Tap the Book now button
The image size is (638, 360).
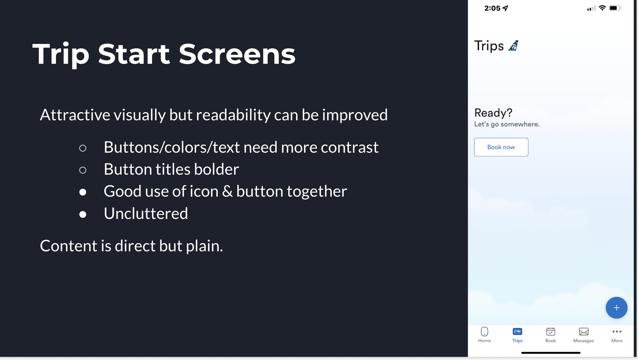click(501, 147)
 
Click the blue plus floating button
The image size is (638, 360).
click(616, 308)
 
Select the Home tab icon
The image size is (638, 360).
click(484, 332)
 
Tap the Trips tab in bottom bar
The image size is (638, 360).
click(517, 335)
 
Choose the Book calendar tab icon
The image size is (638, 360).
click(551, 332)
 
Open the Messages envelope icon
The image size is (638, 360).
click(584, 332)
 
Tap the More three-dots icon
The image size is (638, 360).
click(617, 331)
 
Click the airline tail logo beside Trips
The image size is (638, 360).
click(513, 46)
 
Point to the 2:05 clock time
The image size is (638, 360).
click(492, 8)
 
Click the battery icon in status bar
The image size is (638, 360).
click(615, 8)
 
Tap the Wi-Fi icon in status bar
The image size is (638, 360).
click(602, 8)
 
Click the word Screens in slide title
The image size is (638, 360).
click(237, 54)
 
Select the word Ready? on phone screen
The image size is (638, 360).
click(493, 113)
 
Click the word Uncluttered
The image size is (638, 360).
click(146, 214)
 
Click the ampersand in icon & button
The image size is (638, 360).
click(227, 191)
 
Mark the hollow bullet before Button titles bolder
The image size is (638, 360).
click(83, 170)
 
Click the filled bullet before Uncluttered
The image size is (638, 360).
click(83, 214)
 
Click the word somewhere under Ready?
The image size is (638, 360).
click(520, 124)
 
